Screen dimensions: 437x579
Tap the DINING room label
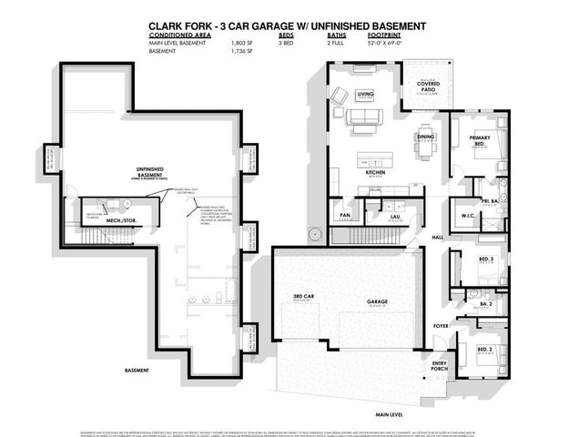(x=426, y=137)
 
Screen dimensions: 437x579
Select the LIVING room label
(x=366, y=93)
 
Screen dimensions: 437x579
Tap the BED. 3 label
(x=487, y=259)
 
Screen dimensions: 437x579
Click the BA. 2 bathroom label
(x=486, y=303)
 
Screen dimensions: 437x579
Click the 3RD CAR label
(x=303, y=298)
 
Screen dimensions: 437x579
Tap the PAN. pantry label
(x=345, y=216)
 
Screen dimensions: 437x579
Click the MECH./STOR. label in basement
(x=120, y=220)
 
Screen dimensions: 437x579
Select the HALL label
(x=437, y=236)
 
